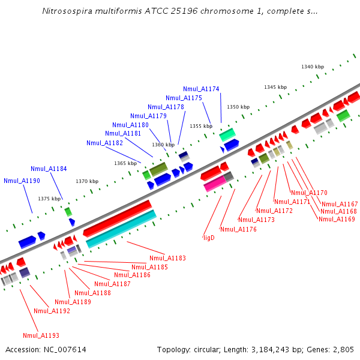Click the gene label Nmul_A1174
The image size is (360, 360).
(201, 89)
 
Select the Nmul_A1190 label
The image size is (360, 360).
(22, 181)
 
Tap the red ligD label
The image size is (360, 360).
(209, 238)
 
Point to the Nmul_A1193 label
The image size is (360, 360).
(41, 335)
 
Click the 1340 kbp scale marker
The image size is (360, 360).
(312, 67)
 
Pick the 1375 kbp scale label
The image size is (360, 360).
(49, 199)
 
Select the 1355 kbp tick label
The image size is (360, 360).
(201, 126)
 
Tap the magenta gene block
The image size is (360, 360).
(215, 184)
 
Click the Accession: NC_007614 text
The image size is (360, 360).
(46, 349)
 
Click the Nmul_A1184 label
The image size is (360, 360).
(49, 169)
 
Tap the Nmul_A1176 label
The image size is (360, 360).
(238, 229)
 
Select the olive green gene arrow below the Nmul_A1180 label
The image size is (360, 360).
(159, 169)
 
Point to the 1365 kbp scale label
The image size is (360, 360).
(125, 163)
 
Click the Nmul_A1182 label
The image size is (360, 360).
(104, 143)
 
